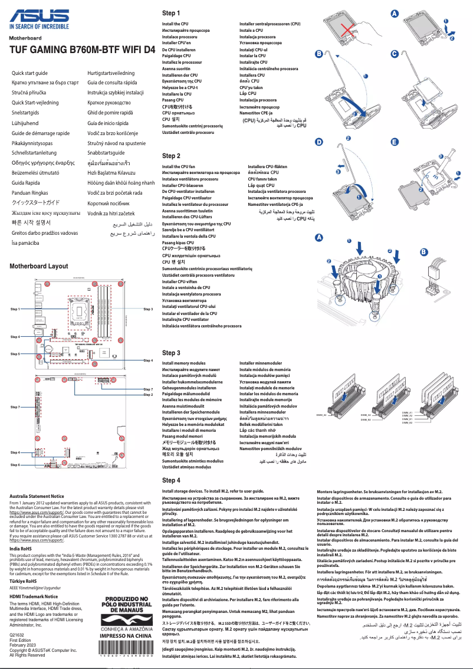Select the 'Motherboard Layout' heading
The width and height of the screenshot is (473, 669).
pos(39,266)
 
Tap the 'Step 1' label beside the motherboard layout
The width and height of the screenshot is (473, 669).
pos(15,309)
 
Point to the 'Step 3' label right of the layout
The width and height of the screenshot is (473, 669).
pos(148,309)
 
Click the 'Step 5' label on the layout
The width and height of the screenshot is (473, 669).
pos(15,354)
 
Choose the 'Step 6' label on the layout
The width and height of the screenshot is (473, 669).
pos(15,465)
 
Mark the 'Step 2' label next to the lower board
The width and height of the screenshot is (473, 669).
pos(148,395)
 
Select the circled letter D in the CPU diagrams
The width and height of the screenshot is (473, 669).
pos(319,142)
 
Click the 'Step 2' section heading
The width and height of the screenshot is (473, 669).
pos(171,156)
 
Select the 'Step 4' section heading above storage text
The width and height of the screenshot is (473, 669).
pos(171,481)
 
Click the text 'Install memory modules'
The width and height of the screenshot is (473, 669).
pos(183,363)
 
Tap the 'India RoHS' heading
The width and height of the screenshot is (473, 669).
pos(21,549)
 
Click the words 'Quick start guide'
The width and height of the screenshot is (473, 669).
pos(29,73)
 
